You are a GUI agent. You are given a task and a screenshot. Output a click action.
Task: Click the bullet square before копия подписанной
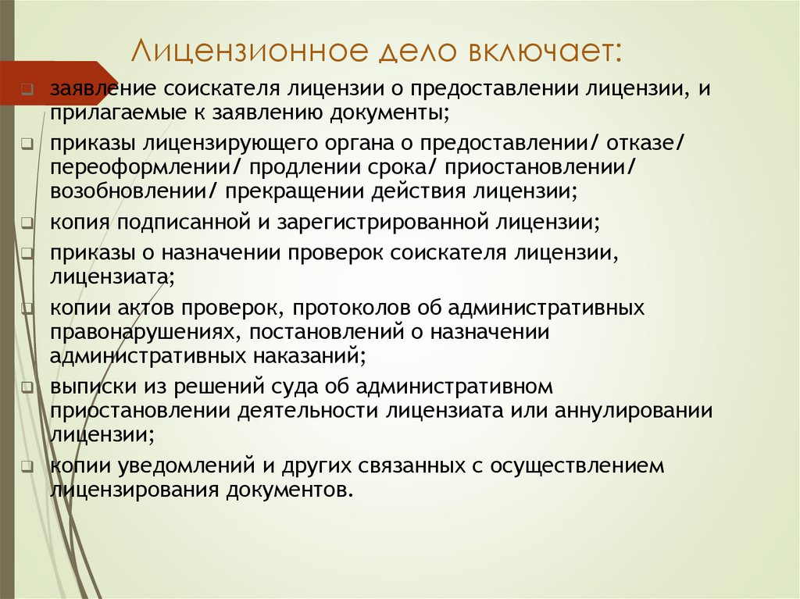pos(27,223)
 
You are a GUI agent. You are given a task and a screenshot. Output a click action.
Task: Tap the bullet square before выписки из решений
pos(27,387)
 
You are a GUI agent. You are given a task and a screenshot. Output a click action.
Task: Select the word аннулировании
pos(634,410)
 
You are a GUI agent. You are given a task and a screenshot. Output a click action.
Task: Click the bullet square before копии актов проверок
pos(27,308)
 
